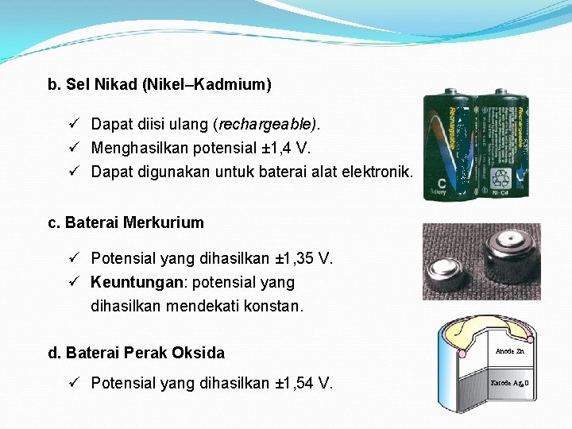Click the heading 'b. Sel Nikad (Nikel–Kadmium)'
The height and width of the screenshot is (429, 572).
[160, 84]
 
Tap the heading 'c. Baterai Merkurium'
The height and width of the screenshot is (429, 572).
[126, 223]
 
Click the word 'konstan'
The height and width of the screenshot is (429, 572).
[277, 305]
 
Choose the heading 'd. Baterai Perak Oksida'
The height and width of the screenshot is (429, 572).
[137, 353]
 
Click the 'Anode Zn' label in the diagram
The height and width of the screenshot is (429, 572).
[509, 350]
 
